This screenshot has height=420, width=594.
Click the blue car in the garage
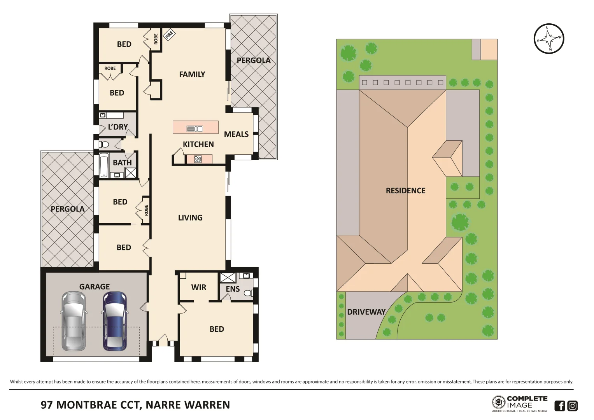coord(115,321)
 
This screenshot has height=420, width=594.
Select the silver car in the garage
coord(73,321)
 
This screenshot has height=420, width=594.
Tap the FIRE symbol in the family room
coord(169,35)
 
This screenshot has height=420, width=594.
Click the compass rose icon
coord(548,38)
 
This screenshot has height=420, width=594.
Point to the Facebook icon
coord(559,406)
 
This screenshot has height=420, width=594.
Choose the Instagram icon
coord(572,406)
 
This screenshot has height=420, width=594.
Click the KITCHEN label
coord(198,144)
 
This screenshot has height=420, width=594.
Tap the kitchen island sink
coord(194,129)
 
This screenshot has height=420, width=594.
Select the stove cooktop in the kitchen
coord(198,159)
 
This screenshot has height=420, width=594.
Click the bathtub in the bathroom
coord(104,166)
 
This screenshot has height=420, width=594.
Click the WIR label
coord(198,287)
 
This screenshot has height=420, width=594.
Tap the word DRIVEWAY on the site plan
coord(366,312)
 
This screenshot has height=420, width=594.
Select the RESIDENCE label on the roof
coord(405,191)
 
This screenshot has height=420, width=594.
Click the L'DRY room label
coord(117,127)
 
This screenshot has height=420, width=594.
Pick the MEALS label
coord(236,134)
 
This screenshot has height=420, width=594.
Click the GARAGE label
coord(95,287)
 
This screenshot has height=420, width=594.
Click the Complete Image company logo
coord(519,404)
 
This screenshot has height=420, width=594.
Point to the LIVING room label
coord(190,218)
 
